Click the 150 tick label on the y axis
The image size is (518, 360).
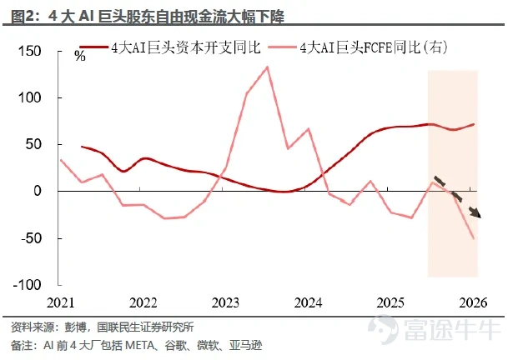[30, 51]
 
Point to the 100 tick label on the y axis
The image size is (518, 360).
[30, 97]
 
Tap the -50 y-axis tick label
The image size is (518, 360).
[31, 238]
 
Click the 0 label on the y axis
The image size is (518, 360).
[38, 191]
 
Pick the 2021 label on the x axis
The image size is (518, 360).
[60, 302]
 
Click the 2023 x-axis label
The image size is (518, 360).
[225, 302]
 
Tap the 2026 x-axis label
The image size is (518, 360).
[473, 302]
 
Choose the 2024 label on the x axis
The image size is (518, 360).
[308, 302]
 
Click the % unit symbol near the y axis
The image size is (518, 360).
[80, 56]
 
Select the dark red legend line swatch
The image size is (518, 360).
[94, 47]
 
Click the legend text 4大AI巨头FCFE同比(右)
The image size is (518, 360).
[374, 47]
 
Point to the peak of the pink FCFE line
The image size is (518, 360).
[267, 67]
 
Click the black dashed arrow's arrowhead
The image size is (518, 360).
[476, 213]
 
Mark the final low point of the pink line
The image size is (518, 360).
[474, 238]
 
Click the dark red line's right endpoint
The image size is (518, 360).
[474, 124]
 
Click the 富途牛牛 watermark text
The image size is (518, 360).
[453, 328]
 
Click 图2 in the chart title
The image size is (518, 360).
[23, 17]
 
